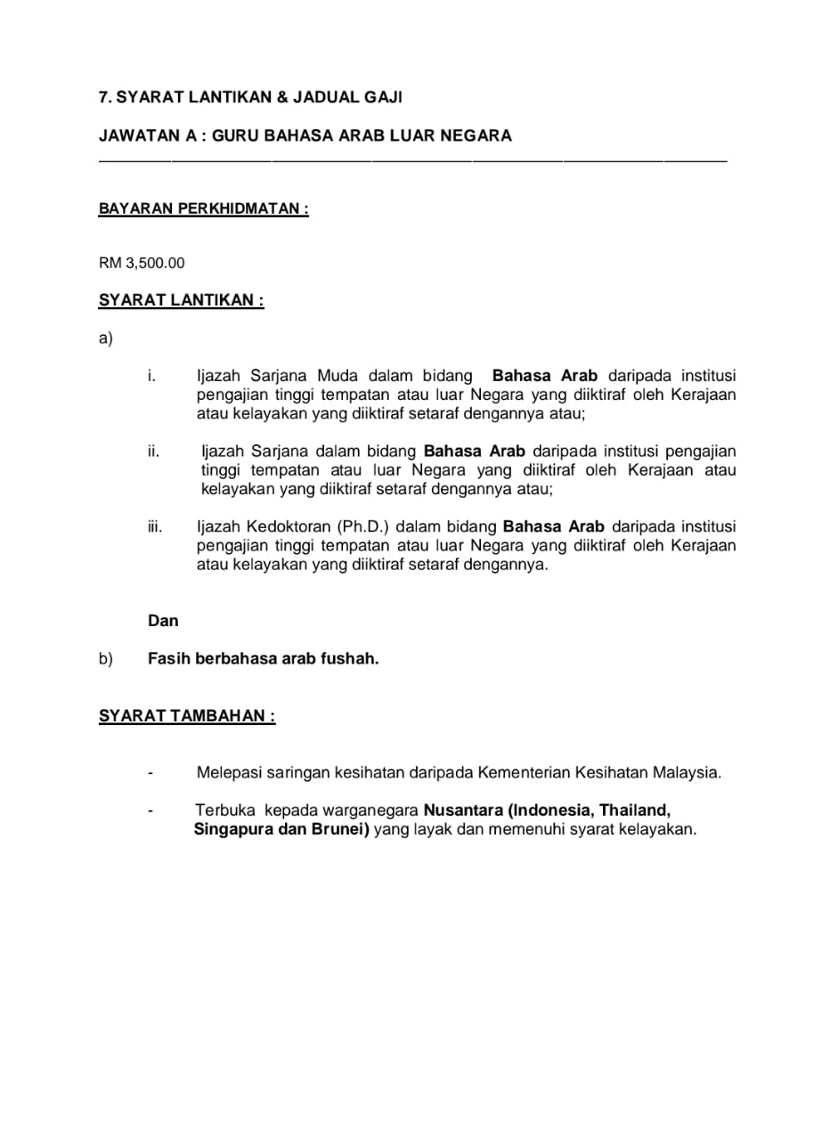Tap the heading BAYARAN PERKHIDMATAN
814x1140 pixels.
pyautogui.click(x=203, y=209)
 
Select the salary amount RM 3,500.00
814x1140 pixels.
pyautogui.click(x=142, y=263)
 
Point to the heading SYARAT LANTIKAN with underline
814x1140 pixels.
pyautogui.click(x=181, y=300)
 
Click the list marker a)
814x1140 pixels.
pyautogui.click(x=106, y=338)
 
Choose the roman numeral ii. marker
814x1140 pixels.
pyautogui.click(x=153, y=452)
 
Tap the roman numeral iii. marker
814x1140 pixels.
pyautogui.click(x=155, y=526)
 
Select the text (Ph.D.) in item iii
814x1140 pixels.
pyautogui.click(x=363, y=526)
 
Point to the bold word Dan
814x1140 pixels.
pyautogui.click(x=163, y=621)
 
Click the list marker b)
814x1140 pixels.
pyautogui.click(x=106, y=660)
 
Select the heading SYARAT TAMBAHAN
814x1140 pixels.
pyautogui.click(x=186, y=716)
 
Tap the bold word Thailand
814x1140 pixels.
pyautogui.click(x=634, y=810)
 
